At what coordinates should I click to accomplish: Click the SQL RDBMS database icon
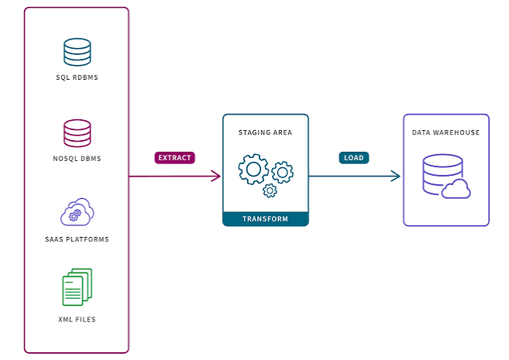77,52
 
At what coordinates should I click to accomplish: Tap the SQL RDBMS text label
77,77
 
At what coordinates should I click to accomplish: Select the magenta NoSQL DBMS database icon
77,133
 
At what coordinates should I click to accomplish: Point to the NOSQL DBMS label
77,159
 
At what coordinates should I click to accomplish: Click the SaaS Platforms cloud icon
77,212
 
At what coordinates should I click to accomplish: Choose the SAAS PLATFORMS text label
77,239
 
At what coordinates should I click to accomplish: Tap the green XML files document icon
77,287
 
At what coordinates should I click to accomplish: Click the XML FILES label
77,320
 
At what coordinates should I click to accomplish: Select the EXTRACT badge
174,158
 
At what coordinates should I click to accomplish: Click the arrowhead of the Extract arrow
217,176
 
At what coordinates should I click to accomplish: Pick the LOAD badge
354,158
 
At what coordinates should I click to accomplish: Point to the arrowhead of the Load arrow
397,176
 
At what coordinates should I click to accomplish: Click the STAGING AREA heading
265,132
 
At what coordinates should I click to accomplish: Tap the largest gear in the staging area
253,169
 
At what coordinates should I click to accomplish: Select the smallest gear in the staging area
270,190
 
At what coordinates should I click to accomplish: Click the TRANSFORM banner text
265,219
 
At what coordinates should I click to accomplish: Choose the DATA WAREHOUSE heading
445,132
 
